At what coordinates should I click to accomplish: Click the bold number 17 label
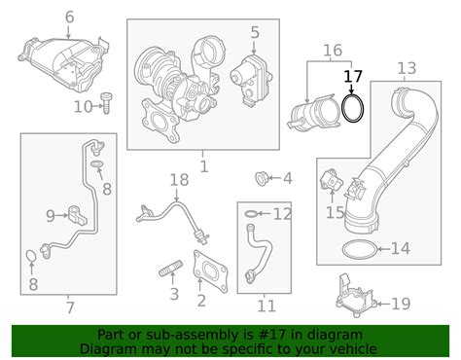click(x=353, y=77)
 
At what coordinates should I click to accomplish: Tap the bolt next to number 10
click(x=106, y=103)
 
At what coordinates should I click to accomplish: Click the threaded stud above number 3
click(x=171, y=269)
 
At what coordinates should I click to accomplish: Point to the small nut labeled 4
click(x=261, y=179)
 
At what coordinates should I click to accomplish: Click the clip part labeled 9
click(x=78, y=215)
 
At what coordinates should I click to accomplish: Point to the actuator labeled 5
click(x=251, y=80)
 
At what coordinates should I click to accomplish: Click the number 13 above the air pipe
click(x=407, y=69)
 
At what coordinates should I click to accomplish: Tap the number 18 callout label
click(x=179, y=180)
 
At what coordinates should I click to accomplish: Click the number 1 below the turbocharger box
click(x=204, y=166)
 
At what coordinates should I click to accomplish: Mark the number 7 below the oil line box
click(x=70, y=307)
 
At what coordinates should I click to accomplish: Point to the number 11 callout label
click(x=266, y=306)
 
